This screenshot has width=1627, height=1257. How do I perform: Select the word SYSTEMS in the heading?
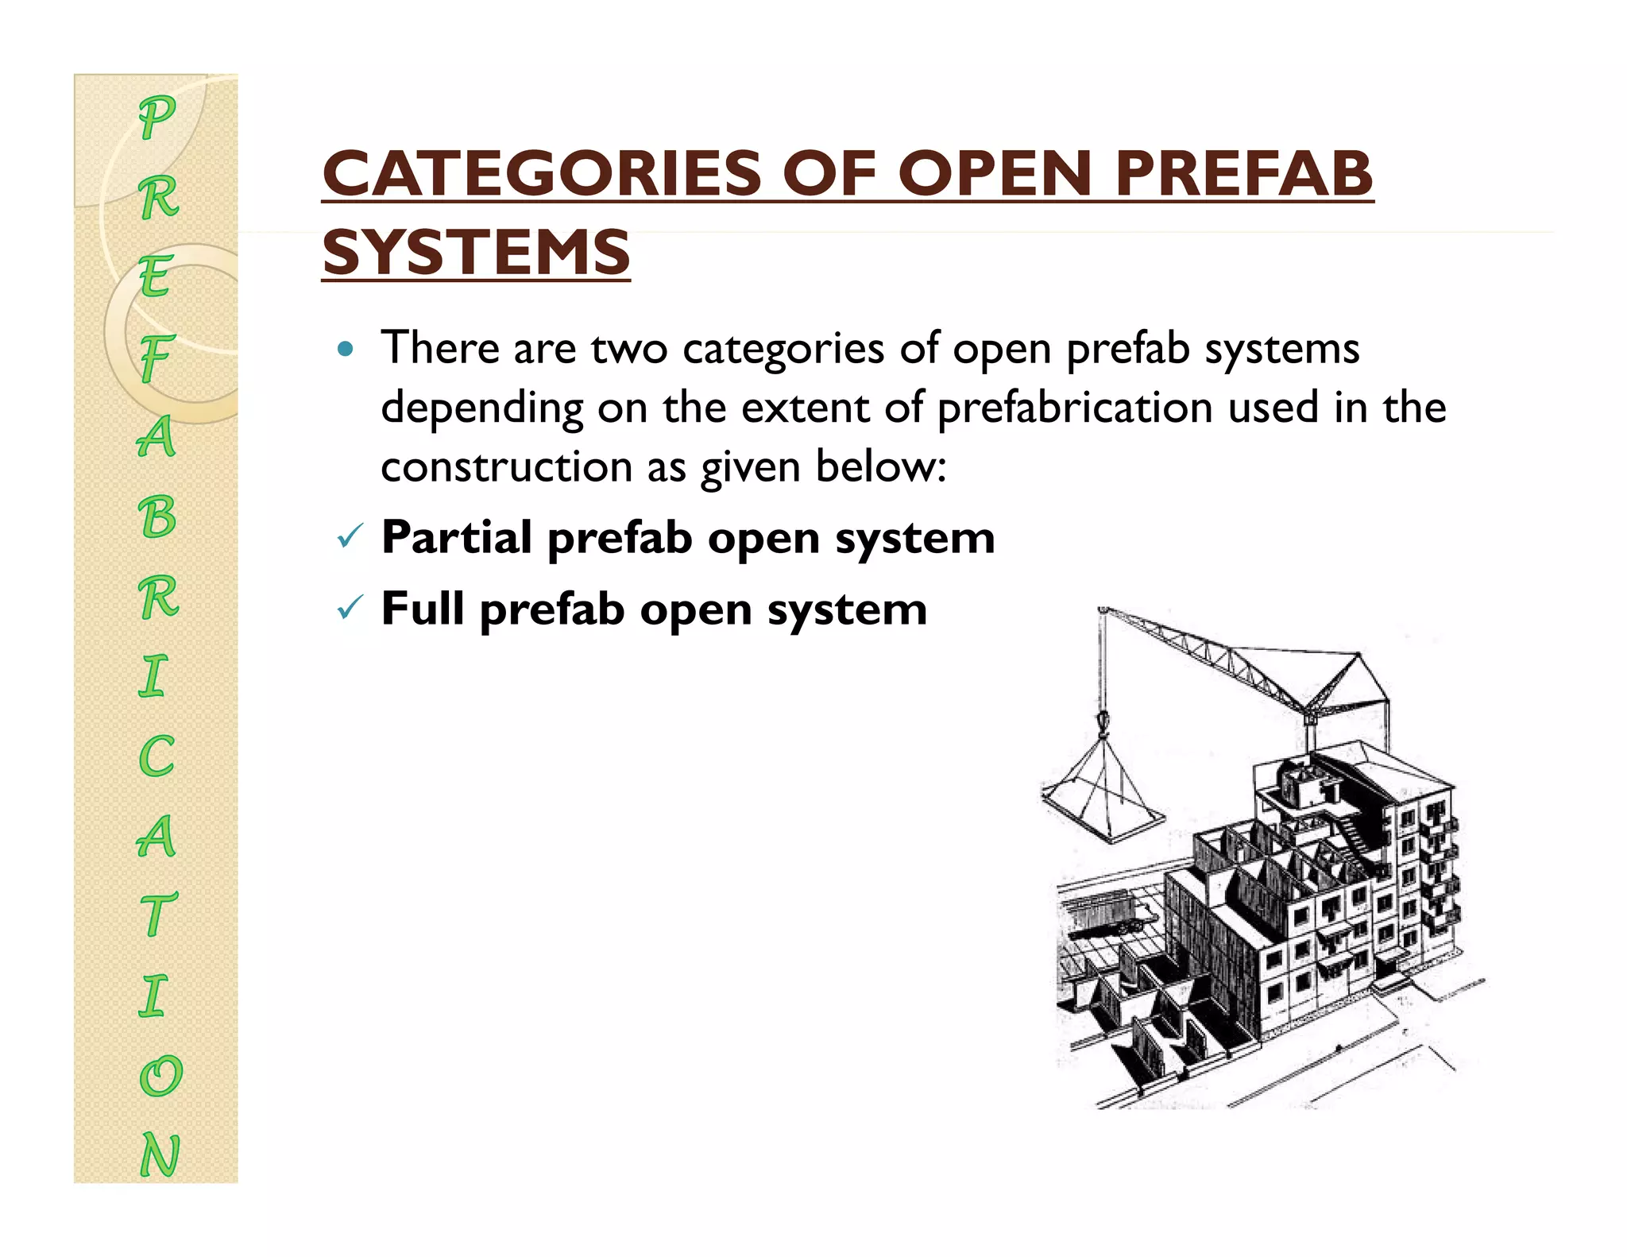(x=476, y=252)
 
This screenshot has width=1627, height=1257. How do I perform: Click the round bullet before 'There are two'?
(x=345, y=349)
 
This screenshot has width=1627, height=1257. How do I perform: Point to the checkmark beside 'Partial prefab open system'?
(x=350, y=538)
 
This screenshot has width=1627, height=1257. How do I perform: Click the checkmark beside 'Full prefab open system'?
(x=350, y=609)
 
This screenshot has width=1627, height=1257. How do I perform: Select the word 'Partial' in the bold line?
(x=456, y=538)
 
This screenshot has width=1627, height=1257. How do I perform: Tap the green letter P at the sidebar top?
(x=157, y=117)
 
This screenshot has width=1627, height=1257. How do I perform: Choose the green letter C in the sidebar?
(x=157, y=756)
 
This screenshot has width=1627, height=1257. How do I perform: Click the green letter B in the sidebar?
(x=157, y=516)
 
